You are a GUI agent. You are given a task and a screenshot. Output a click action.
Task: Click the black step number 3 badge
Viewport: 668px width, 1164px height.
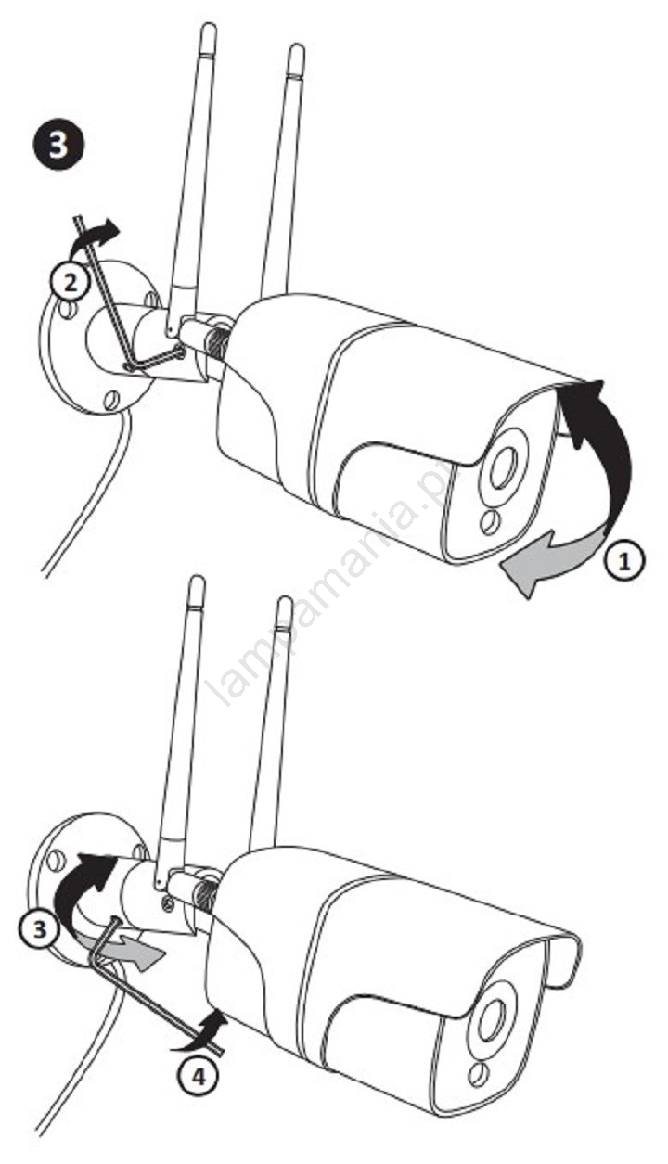click(x=58, y=144)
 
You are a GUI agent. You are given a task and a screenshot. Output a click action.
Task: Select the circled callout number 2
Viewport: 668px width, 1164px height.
click(x=71, y=284)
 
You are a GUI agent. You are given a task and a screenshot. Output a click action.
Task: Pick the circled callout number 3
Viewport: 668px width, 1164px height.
click(x=40, y=928)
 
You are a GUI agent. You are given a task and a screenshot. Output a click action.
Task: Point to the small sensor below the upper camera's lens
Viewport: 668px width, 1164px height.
click(x=490, y=522)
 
